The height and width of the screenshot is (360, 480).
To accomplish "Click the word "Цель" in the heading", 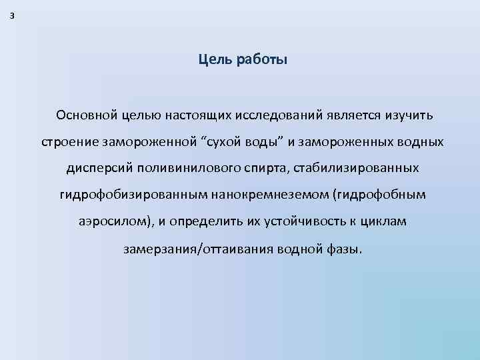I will pyautogui.click(x=213, y=61).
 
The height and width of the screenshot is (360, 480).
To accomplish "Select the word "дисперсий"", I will pyautogui.click(x=95, y=169).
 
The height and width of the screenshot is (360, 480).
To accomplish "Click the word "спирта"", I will pyautogui.click(x=255, y=169).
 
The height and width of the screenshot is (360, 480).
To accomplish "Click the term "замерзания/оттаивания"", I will pyautogui.click(x=188, y=250).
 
